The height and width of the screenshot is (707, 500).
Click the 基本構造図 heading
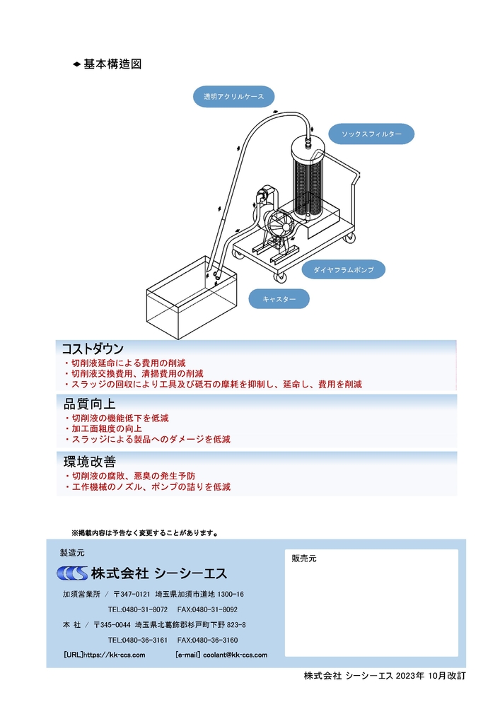[x=112, y=64]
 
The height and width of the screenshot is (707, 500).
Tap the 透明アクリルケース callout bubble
[x=233, y=96]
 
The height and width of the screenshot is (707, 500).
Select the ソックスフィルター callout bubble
[x=371, y=134]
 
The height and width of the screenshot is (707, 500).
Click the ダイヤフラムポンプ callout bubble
[x=344, y=269]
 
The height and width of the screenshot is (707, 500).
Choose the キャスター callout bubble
[x=279, y=299]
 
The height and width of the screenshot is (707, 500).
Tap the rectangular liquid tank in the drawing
[x=191, y=298]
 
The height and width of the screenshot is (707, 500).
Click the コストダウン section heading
[x=93, y=349]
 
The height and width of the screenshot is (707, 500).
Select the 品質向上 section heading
[x=90, y=404]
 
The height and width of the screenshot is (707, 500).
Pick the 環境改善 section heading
[x=90, y=461]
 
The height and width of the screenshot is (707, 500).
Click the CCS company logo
[x=72, y=573]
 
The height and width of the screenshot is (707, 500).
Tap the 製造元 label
[x=72, y=553]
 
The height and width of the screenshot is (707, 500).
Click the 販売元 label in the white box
[x=304, y=559]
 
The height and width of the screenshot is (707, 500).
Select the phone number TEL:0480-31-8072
[x=137, y=609]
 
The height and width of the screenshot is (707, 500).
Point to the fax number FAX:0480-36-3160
[x=207, y=640]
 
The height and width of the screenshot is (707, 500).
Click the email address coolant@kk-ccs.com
[x=235, y=655]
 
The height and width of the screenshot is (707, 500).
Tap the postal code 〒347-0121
[x=132, y=594]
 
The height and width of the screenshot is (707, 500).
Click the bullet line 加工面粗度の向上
[x=107, y=428]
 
